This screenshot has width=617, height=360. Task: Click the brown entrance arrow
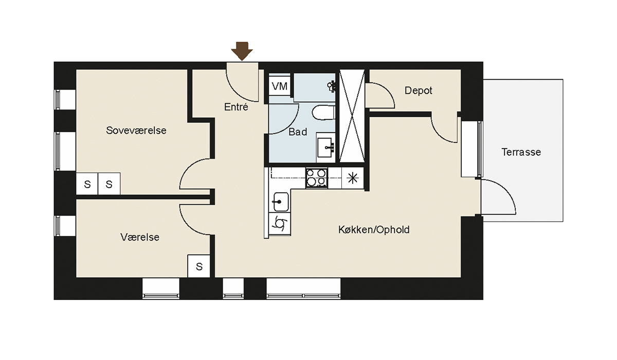tap(242, 51)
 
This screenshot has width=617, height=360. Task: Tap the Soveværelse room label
tap(136, 130)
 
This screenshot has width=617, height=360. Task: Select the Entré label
tap(236, 107)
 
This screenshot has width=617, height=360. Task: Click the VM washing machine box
tap(280, 86)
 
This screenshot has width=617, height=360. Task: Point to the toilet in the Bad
tap(323, 113)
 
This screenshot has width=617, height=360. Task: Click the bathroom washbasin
tap(325, 148)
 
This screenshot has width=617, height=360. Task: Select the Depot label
tap(418, 91)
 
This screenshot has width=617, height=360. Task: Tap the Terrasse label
tap(521, 152)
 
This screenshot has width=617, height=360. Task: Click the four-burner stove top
tap(317, 178)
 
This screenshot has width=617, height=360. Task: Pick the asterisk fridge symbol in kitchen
tap(353, 178)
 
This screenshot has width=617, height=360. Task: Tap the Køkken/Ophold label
tap(374, 229)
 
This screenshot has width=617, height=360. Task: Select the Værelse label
tap(140, 237)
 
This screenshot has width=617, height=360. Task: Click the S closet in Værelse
tap(199, 266)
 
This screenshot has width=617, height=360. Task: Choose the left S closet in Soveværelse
tap(87, 184)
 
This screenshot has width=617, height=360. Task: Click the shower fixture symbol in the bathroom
tap(332, 86)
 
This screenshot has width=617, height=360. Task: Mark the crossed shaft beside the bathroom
tap(352, 116)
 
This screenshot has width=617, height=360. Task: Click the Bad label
tap(298, 132)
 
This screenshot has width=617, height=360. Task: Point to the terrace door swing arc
tap(505, 190)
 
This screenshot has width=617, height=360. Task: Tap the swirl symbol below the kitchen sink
tap(280, 223)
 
